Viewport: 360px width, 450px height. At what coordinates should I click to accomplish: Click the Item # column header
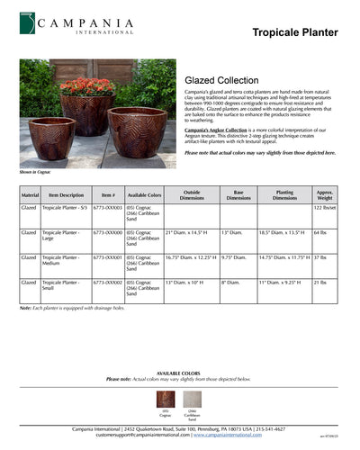pos(108,194)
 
